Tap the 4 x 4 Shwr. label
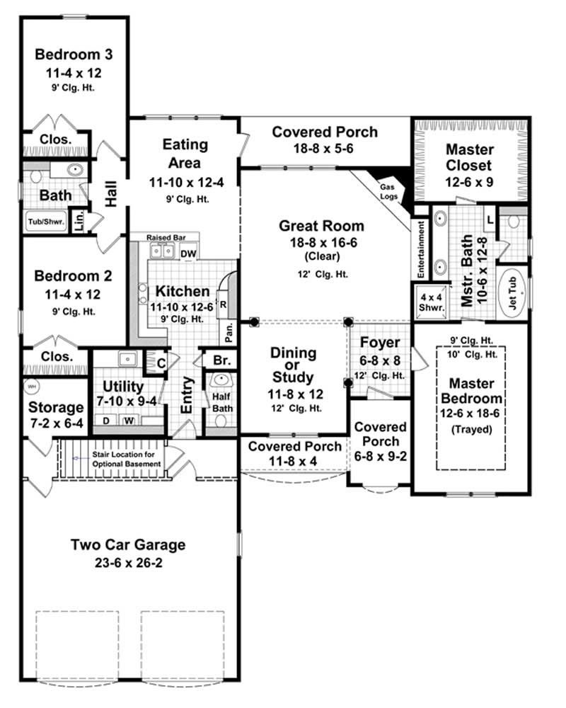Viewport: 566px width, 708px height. click(x=429, y=302)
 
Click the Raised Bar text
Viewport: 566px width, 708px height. click(x=165, y=237)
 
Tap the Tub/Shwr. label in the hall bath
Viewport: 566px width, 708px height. click(x=46, y=222)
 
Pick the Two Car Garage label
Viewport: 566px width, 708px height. click(x=128, y=544)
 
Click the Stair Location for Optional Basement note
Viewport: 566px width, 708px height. click(x=127, y=458)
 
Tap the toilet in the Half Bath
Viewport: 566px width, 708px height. click(x=221, y=421)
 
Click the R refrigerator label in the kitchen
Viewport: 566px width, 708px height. click(x=224, y=305)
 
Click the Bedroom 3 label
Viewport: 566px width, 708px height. click(x=74, y=54)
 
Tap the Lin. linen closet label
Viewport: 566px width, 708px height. click(x=79, y=221)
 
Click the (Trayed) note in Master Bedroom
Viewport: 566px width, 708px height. click(x=470, y=428)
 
